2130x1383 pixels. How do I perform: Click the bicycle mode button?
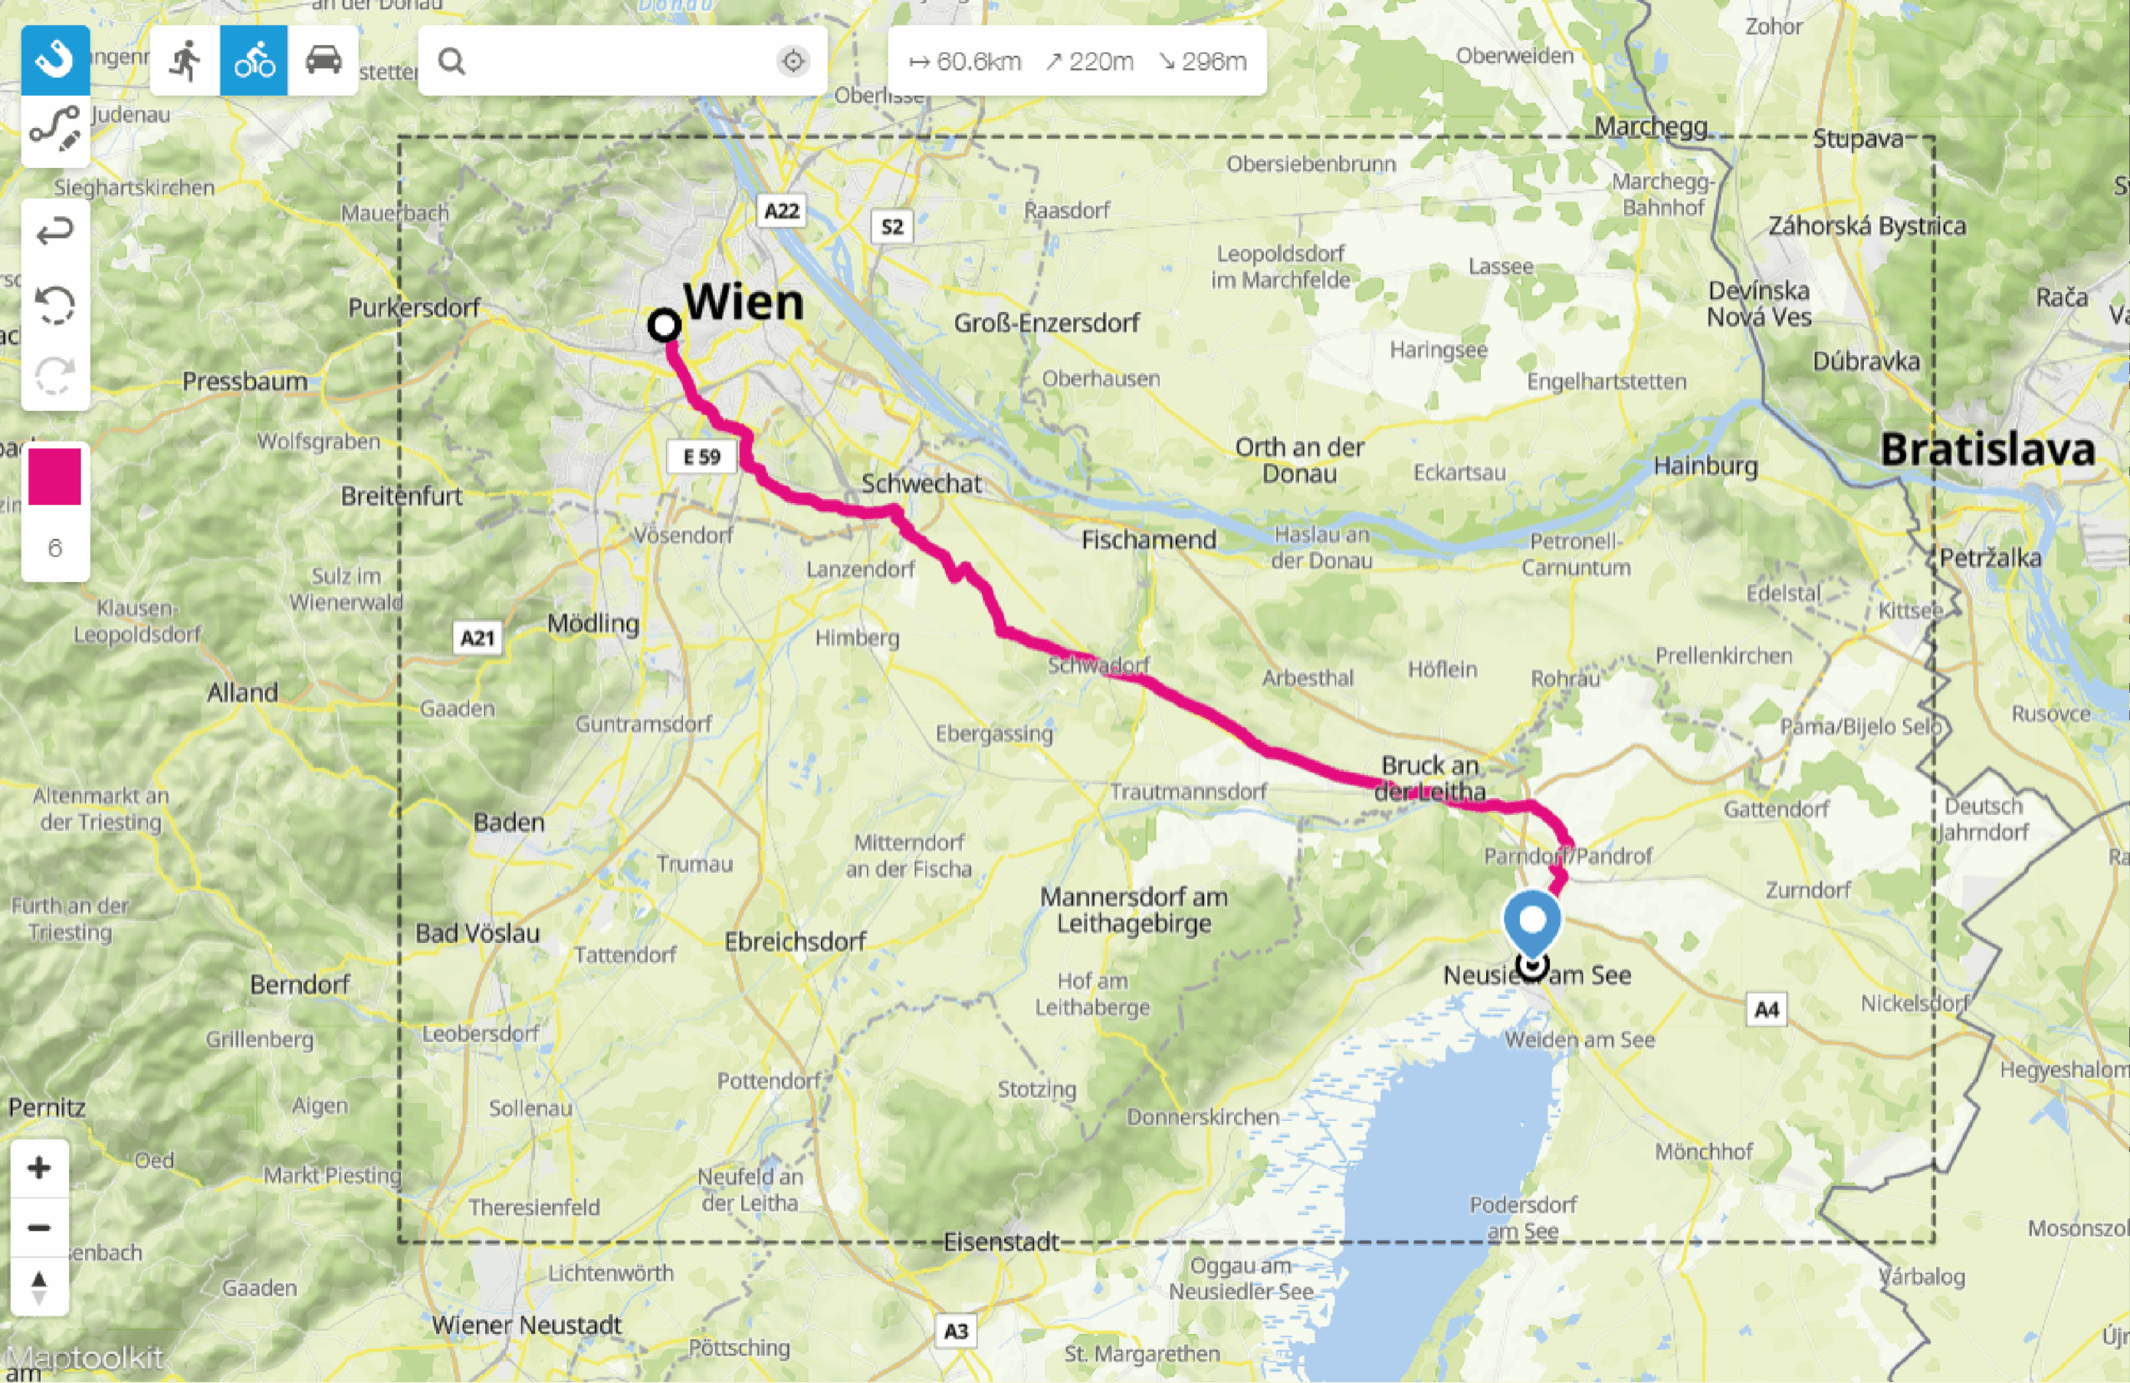coord(254,61)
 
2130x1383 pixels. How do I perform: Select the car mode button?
coord(323,61)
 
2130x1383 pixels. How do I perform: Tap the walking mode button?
coord(186,61)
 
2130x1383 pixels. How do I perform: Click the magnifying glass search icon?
coord(452,61)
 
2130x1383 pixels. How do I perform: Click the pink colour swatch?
coord(55,477)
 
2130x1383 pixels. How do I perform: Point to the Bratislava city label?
coord(1987,449)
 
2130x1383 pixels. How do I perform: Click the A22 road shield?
coord(781,210)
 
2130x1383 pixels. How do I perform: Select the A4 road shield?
coord(1766,1010)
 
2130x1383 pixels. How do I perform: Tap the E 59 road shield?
coord(701,457)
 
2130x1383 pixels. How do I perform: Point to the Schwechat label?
coord(921,483)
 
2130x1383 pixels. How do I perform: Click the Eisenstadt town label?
coord(1002,1242)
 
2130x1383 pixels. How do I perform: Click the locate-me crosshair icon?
coord(793,61)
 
